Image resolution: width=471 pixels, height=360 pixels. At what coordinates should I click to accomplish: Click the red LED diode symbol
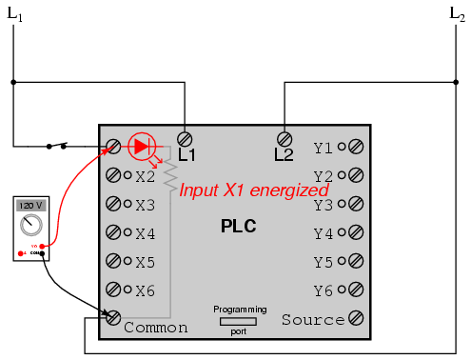point(141,146)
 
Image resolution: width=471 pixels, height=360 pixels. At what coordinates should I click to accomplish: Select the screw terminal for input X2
point(113,175)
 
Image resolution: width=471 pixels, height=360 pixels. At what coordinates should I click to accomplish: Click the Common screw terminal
point(113,318)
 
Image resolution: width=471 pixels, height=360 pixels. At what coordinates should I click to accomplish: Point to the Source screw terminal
point(356,318)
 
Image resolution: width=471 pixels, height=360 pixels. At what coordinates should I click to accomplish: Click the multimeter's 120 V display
point(29,206)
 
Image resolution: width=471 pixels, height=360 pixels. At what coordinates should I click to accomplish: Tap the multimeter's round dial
point(30,226)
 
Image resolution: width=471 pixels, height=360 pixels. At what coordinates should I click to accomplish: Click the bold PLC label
point(239,227)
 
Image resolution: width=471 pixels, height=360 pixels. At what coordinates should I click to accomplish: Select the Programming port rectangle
point(239,322)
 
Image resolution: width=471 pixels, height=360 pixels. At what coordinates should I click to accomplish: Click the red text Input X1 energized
point(254,190)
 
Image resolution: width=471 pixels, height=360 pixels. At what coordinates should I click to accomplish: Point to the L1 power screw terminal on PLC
point(186,138)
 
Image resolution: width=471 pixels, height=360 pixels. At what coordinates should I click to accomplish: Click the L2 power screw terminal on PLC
point(283,138)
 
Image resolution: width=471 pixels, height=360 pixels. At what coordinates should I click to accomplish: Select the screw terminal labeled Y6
point(356,290)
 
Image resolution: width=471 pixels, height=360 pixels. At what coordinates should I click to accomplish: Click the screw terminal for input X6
point(113,290)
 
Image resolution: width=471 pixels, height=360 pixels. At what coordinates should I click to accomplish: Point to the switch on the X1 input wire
point(57,145)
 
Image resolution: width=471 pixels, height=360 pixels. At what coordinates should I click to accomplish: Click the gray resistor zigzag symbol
point(170,175)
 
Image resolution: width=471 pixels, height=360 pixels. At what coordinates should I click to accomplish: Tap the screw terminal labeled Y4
point(356,232)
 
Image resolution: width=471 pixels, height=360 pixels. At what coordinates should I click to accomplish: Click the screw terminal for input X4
point(113,232)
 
